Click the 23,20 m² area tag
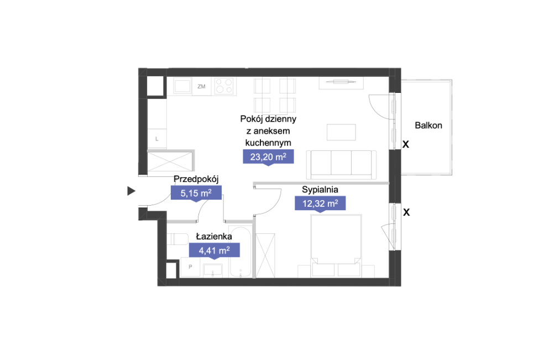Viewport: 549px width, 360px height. click(268, 157)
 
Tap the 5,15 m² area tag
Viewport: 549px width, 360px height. click(196, 193)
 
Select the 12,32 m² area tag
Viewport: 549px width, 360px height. click(320, 204)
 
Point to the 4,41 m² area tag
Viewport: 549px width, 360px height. click(215, 251)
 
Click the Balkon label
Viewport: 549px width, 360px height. click(428, 126)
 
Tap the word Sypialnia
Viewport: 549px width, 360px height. click(320, 190)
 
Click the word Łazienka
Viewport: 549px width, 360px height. click(214, 236)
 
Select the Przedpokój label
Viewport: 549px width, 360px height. click(196, 179)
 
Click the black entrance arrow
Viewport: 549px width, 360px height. click(131, 191)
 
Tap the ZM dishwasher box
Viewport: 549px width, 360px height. click(201, 86)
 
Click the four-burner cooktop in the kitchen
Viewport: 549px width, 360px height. click(224, 86)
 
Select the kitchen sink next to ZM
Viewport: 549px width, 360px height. click(182, 86)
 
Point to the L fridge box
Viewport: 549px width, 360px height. click(157, 139)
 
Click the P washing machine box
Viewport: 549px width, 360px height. click(191, 267)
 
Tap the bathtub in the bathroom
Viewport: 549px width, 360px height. click(240, 252)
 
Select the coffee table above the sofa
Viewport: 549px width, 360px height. click(341, 132)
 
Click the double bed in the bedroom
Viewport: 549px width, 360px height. click(336, 246)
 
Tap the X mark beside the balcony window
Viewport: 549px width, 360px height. click(406, 144)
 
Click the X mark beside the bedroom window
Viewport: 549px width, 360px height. click(406, 212)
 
